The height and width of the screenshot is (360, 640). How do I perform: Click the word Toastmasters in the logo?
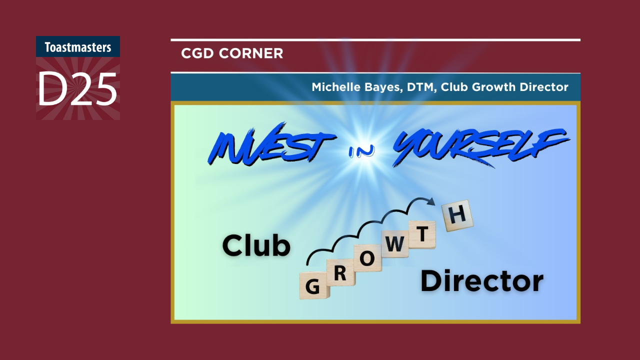pyautogui.click(x=77, y=47)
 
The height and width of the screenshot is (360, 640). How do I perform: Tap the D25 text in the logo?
pyautogui.click(x=77, y=89)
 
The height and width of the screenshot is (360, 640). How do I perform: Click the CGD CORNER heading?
pyautogui.click(x=232, y=53)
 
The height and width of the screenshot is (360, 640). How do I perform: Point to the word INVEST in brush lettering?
pyautogui.click(x=271, y=144)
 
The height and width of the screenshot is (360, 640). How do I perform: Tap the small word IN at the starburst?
pyautogui.click(x=361, y=151)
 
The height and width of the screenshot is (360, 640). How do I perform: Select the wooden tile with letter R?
pyautogui.click(x=340, y=272)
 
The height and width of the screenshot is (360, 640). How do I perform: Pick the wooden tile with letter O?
pyautogui.click(x=367, y=258)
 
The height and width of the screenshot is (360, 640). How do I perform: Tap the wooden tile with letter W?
pyautogui.click(x=394, y=243)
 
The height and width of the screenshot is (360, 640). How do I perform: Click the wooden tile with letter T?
pyautogui.click(x=422, y=234)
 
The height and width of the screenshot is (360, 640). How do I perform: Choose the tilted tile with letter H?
pyautogui.click(x=457, y=215)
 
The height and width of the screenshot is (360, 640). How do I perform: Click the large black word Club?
pyautogui.click(x=256, y=245)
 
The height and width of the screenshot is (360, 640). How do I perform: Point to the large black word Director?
pyautogui.click(x=482, y=281)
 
